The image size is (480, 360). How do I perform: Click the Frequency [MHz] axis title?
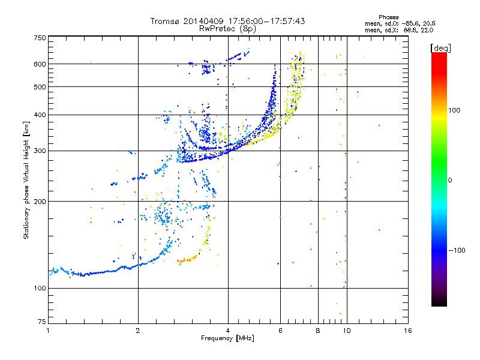(x=227, y=339)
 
